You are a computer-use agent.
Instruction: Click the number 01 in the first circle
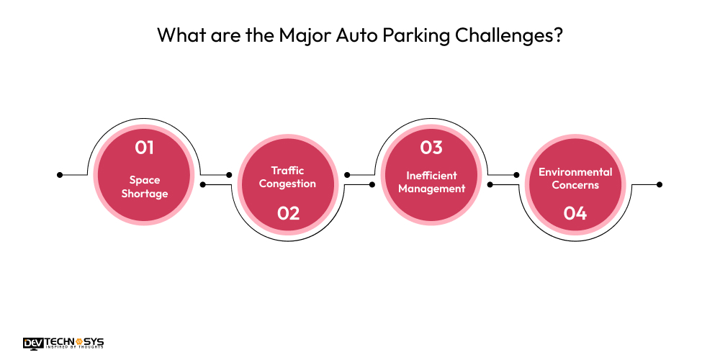coord(145,148)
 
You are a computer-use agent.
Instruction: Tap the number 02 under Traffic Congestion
coord(288,213)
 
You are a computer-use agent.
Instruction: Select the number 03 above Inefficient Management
coord(431,148)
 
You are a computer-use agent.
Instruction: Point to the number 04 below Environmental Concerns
coord(575,213)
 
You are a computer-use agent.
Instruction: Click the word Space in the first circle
coord(145,180)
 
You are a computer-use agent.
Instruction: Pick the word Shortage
coord(145,193)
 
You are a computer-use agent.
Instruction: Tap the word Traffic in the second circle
coord(288,171)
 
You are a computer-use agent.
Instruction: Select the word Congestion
coord(288,184)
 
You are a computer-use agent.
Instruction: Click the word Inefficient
coord(431,176)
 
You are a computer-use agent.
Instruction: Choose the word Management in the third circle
coord(431,189)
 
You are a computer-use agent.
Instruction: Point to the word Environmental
coord(575,172)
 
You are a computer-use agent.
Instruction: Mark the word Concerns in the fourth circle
coord(575,185)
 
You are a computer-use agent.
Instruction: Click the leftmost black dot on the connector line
coord(60,174)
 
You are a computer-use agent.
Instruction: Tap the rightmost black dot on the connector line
coord(660,184)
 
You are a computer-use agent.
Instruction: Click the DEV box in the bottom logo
coord(33,343)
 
